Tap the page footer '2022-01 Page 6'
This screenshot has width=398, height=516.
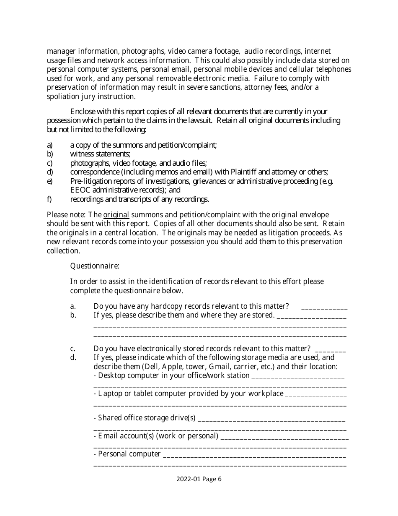point(199,479)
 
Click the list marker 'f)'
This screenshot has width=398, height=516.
point(49,199)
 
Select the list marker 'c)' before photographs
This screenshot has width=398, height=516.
point(49,163)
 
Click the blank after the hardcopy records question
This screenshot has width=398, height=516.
point(324,306)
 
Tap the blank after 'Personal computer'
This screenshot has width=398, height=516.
point(254,454)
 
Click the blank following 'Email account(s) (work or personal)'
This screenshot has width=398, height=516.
point(284,436)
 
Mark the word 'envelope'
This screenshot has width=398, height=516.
point(315,215)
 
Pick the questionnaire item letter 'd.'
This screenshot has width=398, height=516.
point(73,357)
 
